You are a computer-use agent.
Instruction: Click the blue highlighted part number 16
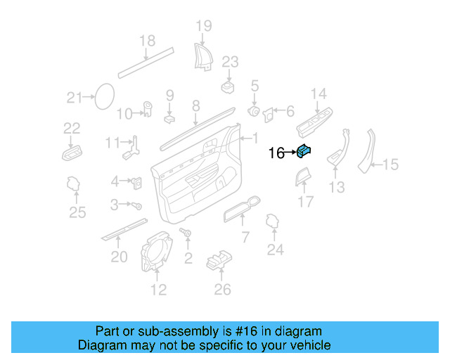pyautogui.click(x=305, y=149)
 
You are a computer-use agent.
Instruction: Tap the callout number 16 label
pyautogui.click(x=276, y=153)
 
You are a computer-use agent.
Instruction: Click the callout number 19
pyautogui.click(x=203, y=27)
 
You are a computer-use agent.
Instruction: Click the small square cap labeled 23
pyautogui.click(x=228, y=86)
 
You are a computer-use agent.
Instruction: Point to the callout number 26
pyautogui.click(x=222, y=289)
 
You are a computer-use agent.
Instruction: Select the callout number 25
pyautogui.click(x=77, y=212)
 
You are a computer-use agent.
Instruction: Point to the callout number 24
pyautogui.click(x=275, y=249)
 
